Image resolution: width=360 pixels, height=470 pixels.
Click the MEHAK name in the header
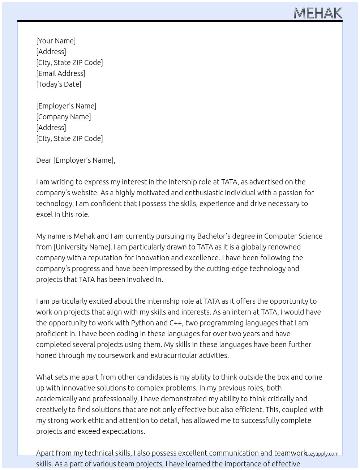(x=318, y=13)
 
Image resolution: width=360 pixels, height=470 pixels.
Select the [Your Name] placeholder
(x=56, y=41)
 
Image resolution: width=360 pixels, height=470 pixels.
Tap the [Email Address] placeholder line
(x=61, y=73)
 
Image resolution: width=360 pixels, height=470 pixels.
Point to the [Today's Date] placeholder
(x=59, y=84)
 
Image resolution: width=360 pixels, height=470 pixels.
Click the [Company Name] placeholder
(x=64, y=117)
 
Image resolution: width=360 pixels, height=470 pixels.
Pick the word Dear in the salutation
(x=44, y=160)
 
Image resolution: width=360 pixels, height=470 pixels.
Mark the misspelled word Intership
(x=184, y=182)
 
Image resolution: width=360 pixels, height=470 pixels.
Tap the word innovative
(x=80, y=388)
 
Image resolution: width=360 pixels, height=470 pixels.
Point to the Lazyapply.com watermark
(x=322, y=454)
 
